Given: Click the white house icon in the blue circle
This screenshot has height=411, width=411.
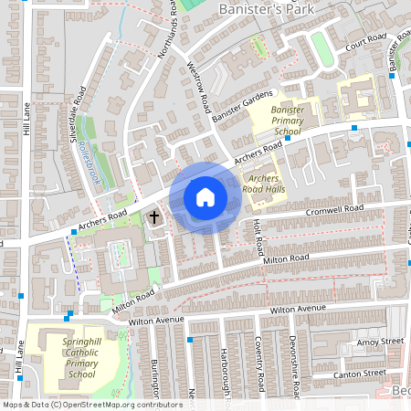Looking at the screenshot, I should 205,197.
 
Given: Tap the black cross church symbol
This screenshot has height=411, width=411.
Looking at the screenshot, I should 154,217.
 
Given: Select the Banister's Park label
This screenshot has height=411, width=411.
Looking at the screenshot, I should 268,10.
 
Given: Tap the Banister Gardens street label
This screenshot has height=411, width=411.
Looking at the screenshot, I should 243,108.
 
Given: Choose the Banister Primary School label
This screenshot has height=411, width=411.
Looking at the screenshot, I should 288,120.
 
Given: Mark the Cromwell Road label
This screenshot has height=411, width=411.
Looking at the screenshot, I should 334,212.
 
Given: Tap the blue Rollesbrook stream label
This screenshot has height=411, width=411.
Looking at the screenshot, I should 90,163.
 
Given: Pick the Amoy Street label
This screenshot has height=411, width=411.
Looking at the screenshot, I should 380,342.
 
